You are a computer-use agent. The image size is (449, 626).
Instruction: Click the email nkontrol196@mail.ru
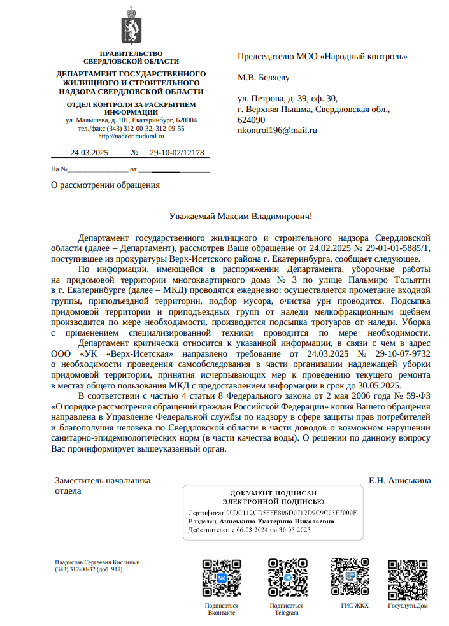click(277, 130)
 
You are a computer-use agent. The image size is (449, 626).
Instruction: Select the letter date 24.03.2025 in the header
click(89, 153)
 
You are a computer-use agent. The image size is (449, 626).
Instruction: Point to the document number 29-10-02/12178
click(177, 153)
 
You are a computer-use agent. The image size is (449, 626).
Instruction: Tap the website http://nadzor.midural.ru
click(131, 136)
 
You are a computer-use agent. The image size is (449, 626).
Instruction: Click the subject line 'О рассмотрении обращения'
click(105, 185)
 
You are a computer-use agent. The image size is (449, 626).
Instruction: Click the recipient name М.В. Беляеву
click(264, 78)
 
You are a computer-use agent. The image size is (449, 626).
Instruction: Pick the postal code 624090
click(251, 120)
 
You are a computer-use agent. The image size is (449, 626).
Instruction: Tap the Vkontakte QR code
click(222, 578)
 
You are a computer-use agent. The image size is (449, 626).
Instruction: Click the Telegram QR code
click(287, 578)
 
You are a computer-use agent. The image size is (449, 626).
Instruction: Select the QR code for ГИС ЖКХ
click(350, 578)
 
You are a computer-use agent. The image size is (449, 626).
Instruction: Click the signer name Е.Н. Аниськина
click(399, 480)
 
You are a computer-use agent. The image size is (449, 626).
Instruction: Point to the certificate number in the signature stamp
click(291, 512)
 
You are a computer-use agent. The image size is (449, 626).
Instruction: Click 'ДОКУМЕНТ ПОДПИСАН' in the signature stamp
click(273, 494)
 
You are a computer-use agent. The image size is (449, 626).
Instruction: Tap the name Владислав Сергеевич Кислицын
click(97, 562)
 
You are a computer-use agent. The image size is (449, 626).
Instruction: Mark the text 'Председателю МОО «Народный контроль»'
click(322, 56)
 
